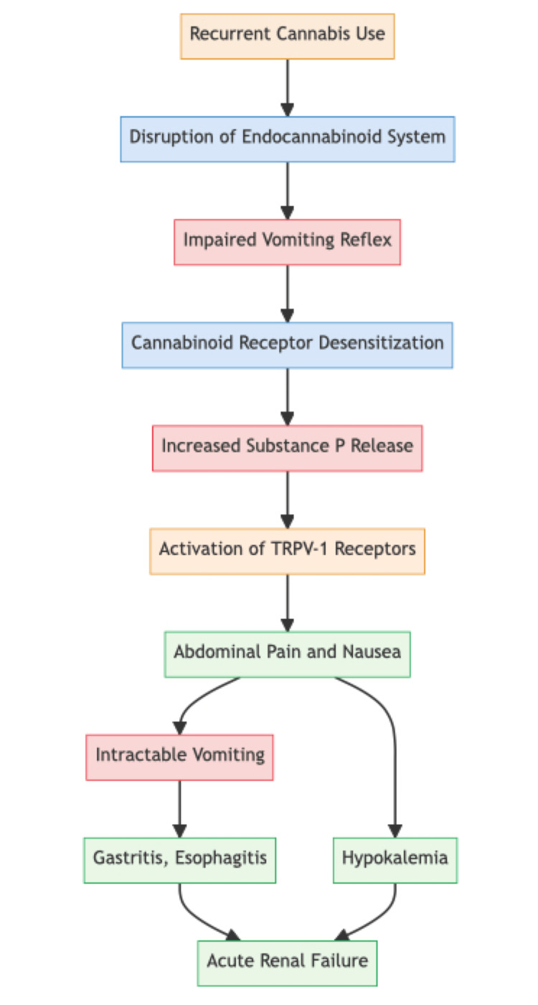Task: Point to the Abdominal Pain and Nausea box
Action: [287, 654]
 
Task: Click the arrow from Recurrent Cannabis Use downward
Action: [287, 86]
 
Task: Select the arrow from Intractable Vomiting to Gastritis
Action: [179, 808]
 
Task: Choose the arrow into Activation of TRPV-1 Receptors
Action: [287, 500]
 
